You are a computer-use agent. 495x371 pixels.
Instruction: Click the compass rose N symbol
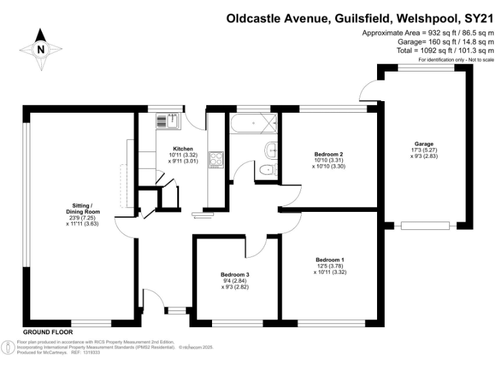(x=41, y=48)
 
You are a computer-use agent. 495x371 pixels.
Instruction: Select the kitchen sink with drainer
(x=170, y=119)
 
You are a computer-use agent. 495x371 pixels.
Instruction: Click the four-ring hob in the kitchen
(x=215, y=159)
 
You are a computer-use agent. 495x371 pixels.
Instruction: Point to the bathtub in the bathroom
(x=253, y=122)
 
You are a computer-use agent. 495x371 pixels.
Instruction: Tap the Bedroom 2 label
(x=328, y=155)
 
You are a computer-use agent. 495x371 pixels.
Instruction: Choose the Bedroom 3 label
(x=235, y=274)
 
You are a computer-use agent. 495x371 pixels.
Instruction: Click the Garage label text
(x=423, y=144)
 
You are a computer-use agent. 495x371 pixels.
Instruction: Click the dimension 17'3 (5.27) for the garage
(x=423, y=150)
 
